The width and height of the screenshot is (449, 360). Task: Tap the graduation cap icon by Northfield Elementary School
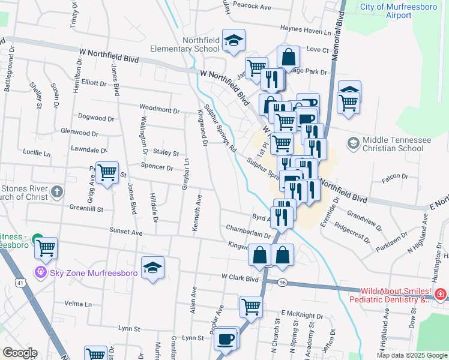[234, 41]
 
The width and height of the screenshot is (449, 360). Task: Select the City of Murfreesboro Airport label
[398, 11]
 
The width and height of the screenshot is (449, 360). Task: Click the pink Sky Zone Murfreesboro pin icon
[41, 272]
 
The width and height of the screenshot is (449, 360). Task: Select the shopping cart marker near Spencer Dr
[107, 173]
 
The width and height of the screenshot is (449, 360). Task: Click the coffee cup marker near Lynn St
[226, 338]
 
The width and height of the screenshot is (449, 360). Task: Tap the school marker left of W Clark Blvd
[152, 268]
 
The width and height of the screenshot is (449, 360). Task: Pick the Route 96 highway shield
[283, 282]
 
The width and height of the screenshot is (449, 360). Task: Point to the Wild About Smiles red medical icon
[440, 294]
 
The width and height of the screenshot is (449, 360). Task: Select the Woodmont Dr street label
[160, 108]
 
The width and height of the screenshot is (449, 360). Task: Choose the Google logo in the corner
[19, 353]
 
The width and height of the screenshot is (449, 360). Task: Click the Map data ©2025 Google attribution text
[411, 355]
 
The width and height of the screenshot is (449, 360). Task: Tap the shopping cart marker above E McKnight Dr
[251, 307]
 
